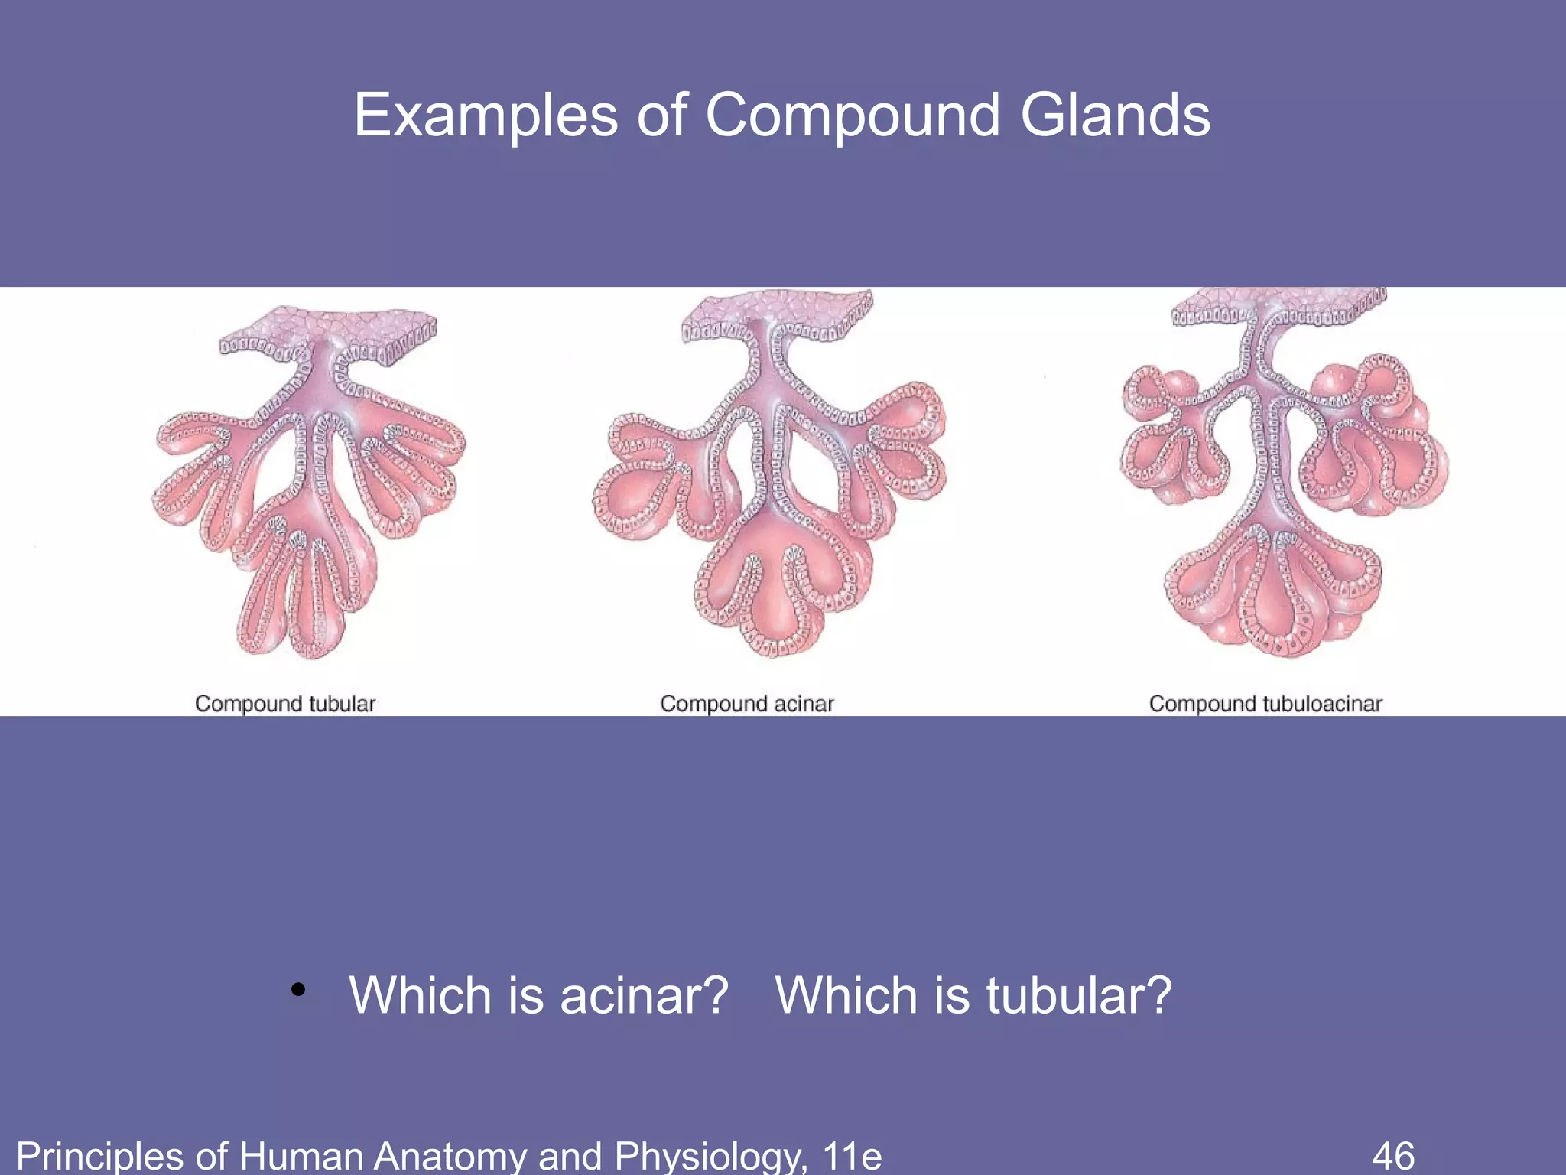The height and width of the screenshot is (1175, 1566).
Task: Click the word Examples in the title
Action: tap(485, 116)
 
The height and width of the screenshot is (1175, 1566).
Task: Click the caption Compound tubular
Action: tap(285, 703)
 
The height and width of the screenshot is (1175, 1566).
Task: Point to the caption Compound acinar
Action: tap(746, 703)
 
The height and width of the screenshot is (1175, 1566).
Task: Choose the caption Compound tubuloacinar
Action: tap(1265, 703)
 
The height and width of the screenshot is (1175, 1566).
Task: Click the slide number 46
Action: tap(1393, 1154)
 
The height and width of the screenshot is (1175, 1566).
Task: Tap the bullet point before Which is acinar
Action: tap(298, 990)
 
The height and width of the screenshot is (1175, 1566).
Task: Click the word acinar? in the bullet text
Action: tap(643, 995)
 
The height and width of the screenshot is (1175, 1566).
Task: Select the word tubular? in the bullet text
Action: tap(1078, 995)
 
